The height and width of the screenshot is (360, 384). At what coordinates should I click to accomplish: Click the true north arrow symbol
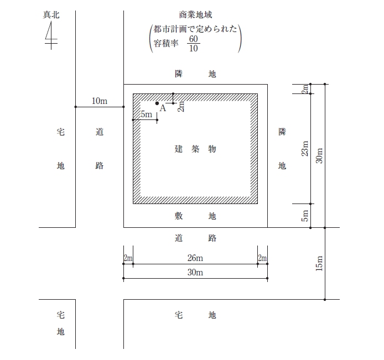pyautogui.click(x=51, y=35)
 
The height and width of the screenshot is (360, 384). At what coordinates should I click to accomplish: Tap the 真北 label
pyautogui.click(x=51, y=15)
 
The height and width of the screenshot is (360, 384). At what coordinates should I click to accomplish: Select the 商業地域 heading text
pyautogui.click(x=195, y=15)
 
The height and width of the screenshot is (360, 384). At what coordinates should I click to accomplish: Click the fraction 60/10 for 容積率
pyautogui.click(x=194, y=44)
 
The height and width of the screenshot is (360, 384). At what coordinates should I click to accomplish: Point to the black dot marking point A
pyautogui.click(x=157, y=103)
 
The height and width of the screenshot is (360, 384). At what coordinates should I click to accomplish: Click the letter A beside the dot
pyautogui.click(x=163, y=108)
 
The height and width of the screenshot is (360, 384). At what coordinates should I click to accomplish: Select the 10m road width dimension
pyautogui.click(x=100, y=101)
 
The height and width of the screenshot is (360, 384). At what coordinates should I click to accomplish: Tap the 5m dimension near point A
pyautogui.click(x=146, y=114)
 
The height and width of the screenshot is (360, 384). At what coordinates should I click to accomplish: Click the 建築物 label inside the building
pyautogui.click(x=195, y=149)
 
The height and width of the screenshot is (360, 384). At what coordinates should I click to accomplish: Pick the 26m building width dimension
pyautogui.click(x=195, y=258)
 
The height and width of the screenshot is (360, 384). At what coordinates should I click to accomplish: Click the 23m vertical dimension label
pyautogui.click(x=305, y=149)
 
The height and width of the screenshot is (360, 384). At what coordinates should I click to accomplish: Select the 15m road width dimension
pyautogui.click(x=319, y=263)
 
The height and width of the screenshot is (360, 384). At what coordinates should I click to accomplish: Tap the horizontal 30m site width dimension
pyautogui.click(x=195, y=273)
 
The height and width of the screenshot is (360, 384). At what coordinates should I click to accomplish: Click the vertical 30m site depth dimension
pyautogui.click(x=319, y=156)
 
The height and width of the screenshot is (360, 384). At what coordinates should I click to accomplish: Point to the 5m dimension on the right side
pyautogui.click(x=305, y=216)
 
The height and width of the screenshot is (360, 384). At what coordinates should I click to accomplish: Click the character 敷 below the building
pyautogui.click(x=179, y=216)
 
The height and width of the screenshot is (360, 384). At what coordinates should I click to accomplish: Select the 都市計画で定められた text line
pyautogui.click(x=195, y=29)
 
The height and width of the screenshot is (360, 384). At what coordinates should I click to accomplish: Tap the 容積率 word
pyautogui.click(x=166, y=44)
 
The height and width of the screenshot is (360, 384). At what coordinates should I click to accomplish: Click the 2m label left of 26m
pyautogui.click(x=128, y=258)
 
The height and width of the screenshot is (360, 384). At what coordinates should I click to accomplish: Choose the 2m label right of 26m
pyautogui.click(x=262, y=258)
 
